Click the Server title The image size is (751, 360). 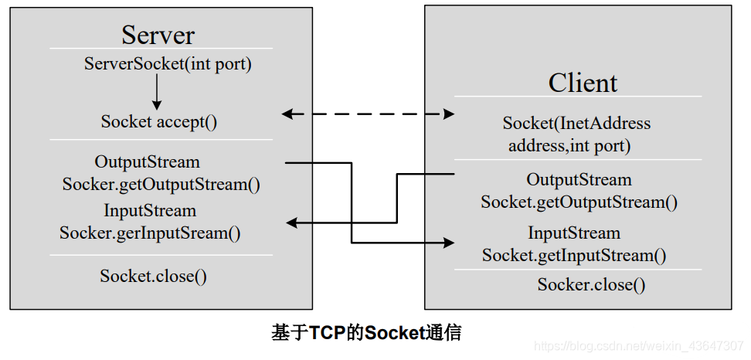158,35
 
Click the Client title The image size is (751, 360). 583,83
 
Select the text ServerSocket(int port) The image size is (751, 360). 168,64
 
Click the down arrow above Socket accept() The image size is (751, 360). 157,93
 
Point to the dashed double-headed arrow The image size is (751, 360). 368,114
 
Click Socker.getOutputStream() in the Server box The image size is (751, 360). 161,185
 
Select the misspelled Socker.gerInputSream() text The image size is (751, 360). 150,233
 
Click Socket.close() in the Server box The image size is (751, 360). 153,276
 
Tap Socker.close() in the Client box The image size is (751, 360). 591,284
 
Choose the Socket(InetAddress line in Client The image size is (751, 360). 576,124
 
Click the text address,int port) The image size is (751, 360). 569,145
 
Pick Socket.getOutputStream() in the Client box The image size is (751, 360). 579,202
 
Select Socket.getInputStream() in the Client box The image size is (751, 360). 574,256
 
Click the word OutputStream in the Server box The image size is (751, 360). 147,162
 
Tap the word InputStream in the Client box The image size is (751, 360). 574,233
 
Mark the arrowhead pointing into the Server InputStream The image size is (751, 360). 291,223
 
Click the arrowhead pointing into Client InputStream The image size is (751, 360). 448,243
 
